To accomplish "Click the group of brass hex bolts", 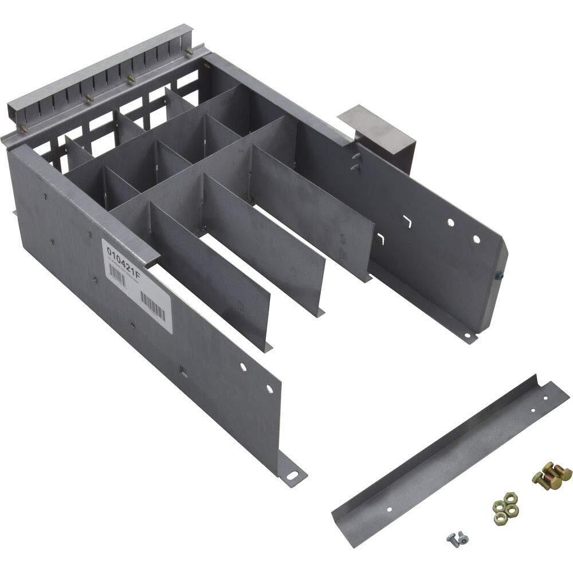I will pyautogui.click(x=551, y=474).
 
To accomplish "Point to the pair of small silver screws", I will pyautogui.click(x=457, y=537).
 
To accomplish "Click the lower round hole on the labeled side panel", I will pyautogui.click(x=269, y=389).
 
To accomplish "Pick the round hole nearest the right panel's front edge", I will pyautogui.click(x=475, y=238).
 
